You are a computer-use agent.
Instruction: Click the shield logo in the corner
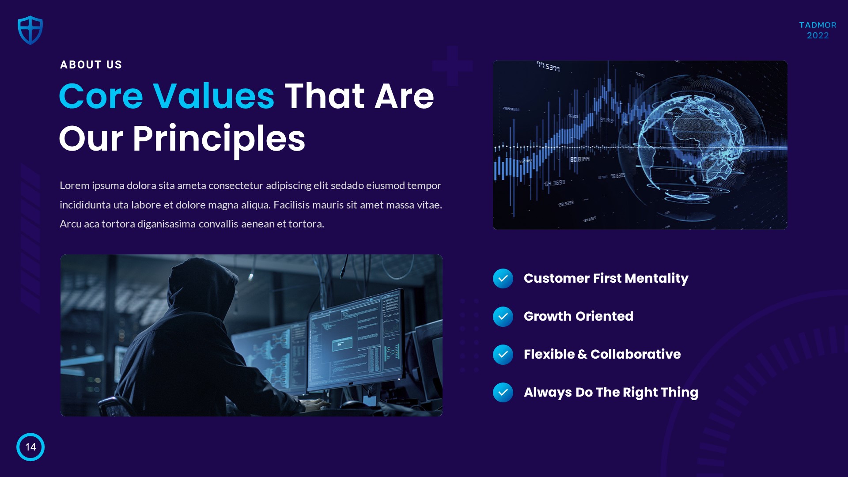[30, 30]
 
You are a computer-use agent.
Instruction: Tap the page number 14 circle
[30, 447]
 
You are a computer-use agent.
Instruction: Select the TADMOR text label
[818, 25]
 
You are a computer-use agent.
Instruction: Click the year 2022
[818, 35]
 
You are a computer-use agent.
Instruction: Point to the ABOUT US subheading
[91, 65]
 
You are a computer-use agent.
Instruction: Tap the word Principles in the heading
[219, 139]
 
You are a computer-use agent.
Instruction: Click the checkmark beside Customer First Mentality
[503, 279]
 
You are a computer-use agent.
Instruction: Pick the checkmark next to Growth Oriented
[503, 317]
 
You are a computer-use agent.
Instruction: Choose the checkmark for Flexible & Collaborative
[503, 355]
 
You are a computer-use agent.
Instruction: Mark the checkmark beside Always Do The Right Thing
[503, 393]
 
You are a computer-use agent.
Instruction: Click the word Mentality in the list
[656, 279]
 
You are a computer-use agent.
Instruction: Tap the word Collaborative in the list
[636, 354]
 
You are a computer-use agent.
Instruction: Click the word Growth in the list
[548, 316]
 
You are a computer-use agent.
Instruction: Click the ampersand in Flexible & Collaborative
[582, 354]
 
